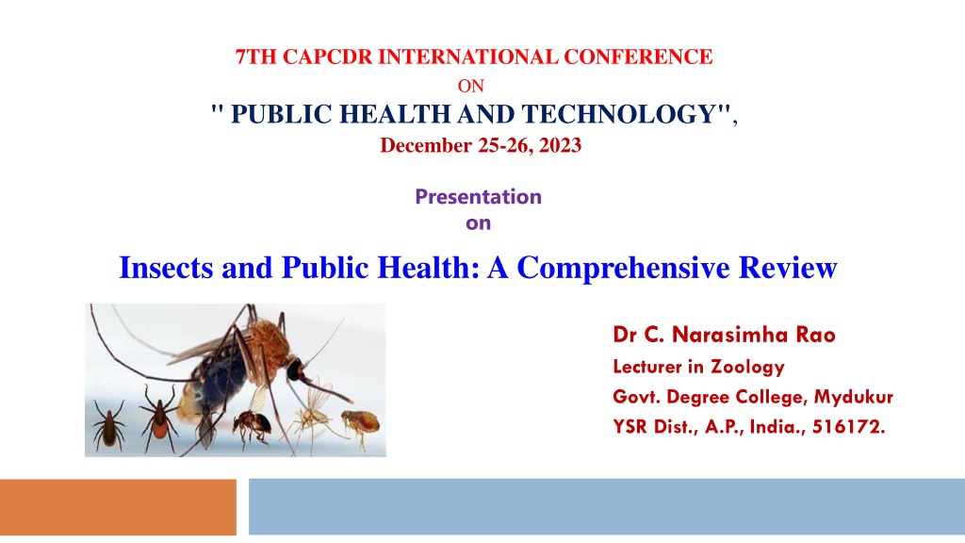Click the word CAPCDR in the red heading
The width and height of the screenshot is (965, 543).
click(x=327, y=57)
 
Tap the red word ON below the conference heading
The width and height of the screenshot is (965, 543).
click(x=471, y=86)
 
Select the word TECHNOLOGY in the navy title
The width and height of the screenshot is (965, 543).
click(x=618, y=114)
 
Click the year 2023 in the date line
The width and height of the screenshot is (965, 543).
click(x=560, y=145)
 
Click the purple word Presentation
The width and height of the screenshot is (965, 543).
click(x=478, y=196)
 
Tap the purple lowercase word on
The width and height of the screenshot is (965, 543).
click(x=478, y=222)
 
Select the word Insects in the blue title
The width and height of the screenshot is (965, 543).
click(x=166, y=267)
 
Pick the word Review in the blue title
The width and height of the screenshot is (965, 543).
click(x=788, y=267)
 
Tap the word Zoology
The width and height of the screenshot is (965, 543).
click(x=747, y=368)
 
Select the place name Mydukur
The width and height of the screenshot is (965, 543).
click(x=853, y=397)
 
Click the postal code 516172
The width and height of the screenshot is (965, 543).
click(x=849, y=427)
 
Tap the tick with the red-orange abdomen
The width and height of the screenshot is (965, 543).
click(x=159, y=418)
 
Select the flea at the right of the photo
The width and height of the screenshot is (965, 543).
click(x=361, y=424)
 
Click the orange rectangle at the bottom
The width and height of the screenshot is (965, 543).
click(x=118, y=507)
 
